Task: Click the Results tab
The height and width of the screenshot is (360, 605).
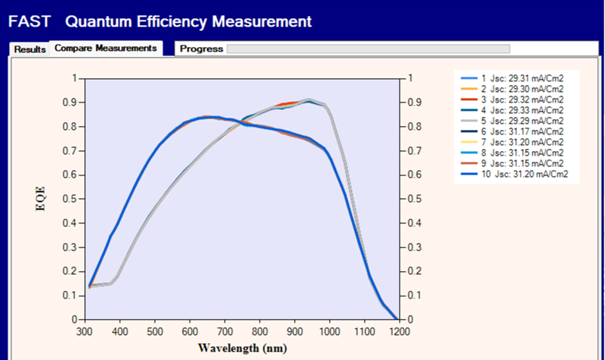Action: (30, 49)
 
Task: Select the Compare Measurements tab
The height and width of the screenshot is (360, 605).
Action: (106, 48)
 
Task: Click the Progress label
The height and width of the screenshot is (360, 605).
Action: (201, 49)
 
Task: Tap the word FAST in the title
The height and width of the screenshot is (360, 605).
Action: (29, 21)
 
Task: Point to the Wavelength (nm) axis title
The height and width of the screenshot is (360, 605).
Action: (242, 348)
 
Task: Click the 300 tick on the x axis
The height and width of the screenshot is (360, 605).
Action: (84, 331)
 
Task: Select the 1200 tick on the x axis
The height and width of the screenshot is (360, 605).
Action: (398, 331)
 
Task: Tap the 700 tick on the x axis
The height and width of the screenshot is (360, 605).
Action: (223, 331)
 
